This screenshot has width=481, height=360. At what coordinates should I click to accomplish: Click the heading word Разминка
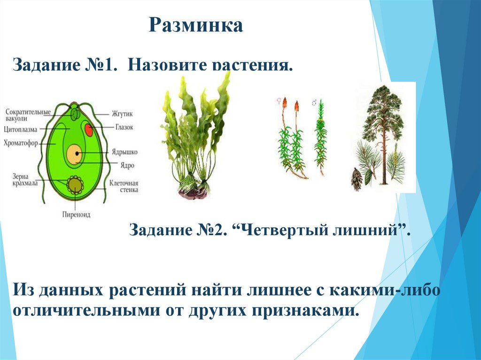pyautogui.click(x=196, y=26)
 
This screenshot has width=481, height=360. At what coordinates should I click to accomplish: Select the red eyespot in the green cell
pyautogui.click(x=88, y=130)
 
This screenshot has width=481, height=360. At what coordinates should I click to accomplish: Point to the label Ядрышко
pyautogui.click(x=124, y=153)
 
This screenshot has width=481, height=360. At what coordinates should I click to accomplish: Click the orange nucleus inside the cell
pyautogui.click(x=74, y=154)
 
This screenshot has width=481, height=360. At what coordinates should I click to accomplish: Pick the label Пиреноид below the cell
pyautogui.click(x=76, y=214)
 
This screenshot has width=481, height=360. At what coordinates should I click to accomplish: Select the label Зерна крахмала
pyautogui.click(x=23, y=179)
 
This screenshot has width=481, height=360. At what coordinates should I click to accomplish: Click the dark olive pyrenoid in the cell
pyautogui.click(x=74, y=185)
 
